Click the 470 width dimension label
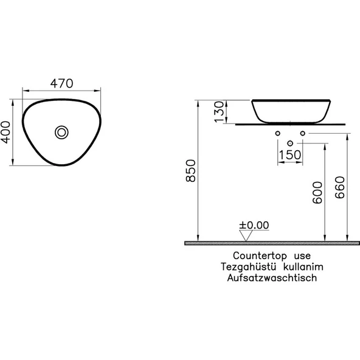pyautogui.click(x=62, y=83)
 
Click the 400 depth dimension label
pyautogui.click(x=5, y=132)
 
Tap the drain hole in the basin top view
pyautogui.click(x=61, y=133)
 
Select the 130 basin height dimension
pyautogui.click(x=219, y=112)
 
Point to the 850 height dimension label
pyautogui.click(x=190, y=171)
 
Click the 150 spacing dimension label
pyautogui.click(x=289, y=154)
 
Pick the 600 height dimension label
pyautogui.click(x=317, y=192)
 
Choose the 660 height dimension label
pyautogui.click(x=340, y=187)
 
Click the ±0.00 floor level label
pyautogui.click(x=254, y=225)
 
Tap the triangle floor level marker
pyautogui.click(x=246, y=235)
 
